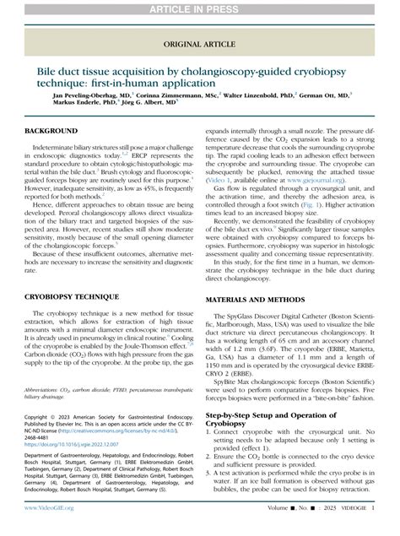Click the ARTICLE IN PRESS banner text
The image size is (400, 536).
[x=199, y=8]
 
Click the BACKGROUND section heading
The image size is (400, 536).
[x=54, y=133]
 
